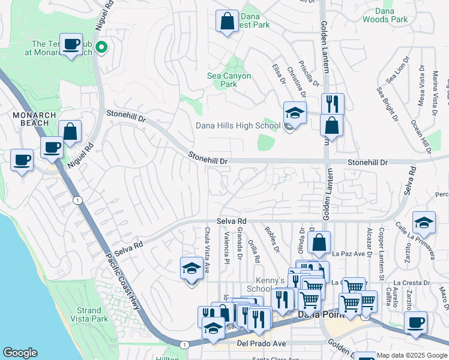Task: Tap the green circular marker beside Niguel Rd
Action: click(102, 47)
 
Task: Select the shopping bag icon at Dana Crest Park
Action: click(227, 22)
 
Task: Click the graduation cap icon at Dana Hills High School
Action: click(295, 112)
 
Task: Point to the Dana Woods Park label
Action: click(385, 15)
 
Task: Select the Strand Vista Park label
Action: click(89, 314)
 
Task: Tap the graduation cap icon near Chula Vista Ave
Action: click(191, 268)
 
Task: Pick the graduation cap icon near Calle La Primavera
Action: click(424, 222)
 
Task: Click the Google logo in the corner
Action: click(20, 353)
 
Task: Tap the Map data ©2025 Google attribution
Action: click(412, 355)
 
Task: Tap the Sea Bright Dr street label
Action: click(387, 103)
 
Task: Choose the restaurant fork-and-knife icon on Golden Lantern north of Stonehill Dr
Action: click(332, 104)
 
